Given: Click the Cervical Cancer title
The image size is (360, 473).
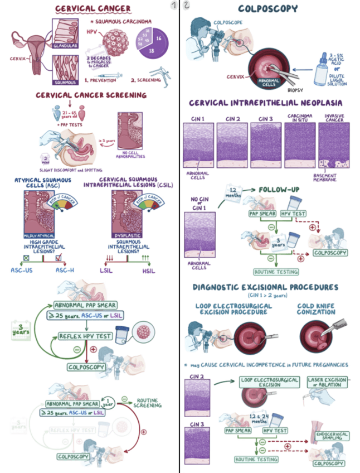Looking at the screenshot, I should pos(93,8).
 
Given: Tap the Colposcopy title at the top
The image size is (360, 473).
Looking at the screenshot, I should pos(267,8).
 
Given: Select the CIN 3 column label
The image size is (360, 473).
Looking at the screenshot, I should pos(262,119).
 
